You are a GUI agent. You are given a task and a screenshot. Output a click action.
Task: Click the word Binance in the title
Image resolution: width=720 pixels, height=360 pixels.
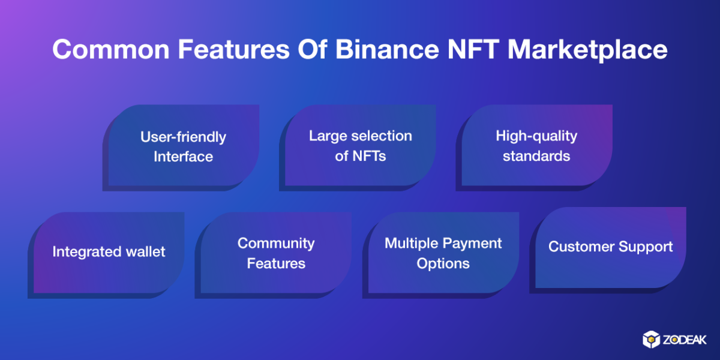(x=387, y=49)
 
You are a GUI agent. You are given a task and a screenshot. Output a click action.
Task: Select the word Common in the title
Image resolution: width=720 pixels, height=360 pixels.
(x=111, y=49)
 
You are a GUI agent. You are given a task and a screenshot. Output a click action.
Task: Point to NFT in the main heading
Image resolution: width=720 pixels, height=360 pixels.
(x=473, y=49)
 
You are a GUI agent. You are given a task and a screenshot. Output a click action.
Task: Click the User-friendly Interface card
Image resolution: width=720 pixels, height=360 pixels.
(x=181, y=148)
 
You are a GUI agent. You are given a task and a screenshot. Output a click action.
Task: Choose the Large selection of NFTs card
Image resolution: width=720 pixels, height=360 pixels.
(x=358, y=148)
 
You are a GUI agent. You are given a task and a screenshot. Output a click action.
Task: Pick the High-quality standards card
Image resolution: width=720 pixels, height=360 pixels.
(x=534, y=148)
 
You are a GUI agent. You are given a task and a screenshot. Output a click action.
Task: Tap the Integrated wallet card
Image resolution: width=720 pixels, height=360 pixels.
(x=106, y=255)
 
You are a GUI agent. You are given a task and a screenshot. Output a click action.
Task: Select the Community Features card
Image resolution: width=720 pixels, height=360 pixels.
(x=273, y=255)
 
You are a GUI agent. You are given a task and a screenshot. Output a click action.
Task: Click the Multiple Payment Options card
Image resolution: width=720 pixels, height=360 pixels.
(x=440, y=255)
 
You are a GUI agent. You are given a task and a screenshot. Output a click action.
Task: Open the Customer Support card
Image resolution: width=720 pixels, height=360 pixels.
(x=608, y=250)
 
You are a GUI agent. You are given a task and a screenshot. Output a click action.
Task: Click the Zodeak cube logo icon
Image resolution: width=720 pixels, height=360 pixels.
(x=651, y=340)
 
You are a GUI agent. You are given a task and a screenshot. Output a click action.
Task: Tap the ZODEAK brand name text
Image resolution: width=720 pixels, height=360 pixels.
(x=685, y=340)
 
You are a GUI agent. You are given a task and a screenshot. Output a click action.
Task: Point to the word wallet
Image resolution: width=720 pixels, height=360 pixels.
(x=146, y=251)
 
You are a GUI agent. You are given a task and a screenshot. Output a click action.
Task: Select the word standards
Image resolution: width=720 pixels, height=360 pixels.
(x=536, y=156)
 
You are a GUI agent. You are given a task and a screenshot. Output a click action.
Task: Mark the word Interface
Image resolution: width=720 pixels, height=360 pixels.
(x=183, y=157)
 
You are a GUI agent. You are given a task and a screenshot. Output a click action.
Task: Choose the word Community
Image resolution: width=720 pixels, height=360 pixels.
(x=276, y=244)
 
